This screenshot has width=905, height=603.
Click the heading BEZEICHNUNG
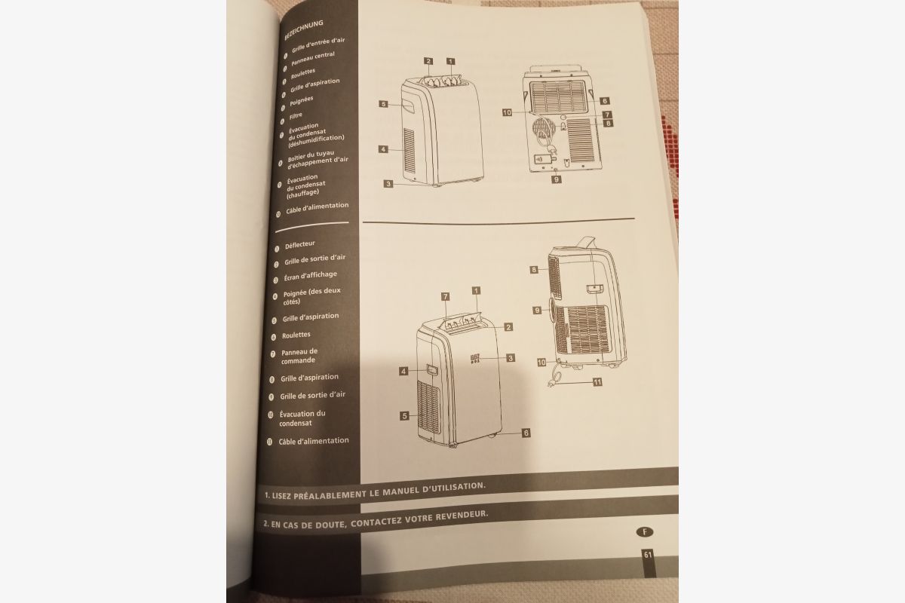point(304,29)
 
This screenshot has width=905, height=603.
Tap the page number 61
point(648,555)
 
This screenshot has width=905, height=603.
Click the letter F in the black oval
point(645,532)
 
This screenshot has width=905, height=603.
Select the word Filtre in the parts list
point(296,116)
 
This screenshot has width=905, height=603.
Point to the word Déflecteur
point(300,245)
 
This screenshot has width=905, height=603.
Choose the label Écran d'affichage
point(310,275)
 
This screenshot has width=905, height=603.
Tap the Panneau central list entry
point(313,58)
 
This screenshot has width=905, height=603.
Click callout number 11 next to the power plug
point(597,382)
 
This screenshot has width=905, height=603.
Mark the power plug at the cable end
point(553,381)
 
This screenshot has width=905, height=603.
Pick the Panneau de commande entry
point(299,356)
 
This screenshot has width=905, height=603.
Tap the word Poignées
point(301,100)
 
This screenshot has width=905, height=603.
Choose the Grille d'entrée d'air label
point(318,44)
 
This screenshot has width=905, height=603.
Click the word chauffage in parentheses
point(302,194)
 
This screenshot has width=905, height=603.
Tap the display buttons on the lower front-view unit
point(474,359)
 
